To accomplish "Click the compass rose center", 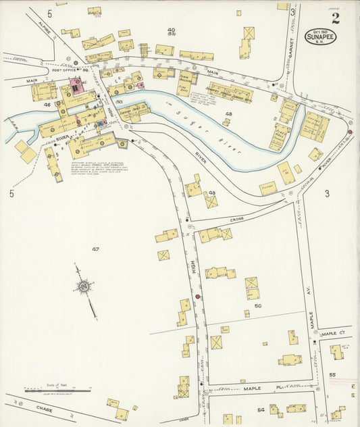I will pos(84,286).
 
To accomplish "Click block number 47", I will pos(96,249).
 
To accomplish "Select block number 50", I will pos(257,306).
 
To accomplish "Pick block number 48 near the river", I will pos(228,114).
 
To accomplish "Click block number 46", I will pos(47,105).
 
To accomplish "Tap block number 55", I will pos(332,374).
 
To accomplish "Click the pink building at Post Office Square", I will pos(74,86).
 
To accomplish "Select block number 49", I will pos(211,193).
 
